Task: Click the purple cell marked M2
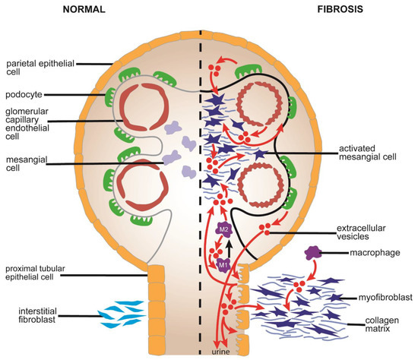pos(224,229)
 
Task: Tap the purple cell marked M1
pos(223,265)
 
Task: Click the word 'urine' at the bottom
pos(220,352)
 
